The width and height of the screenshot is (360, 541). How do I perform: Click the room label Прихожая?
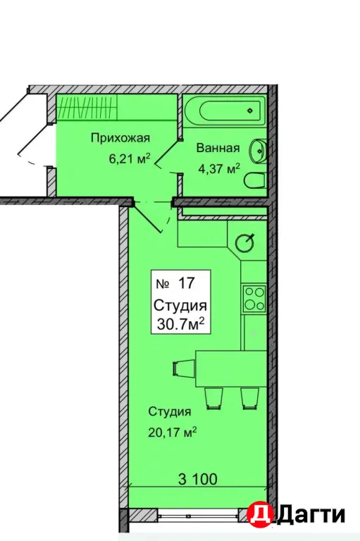(120, 138)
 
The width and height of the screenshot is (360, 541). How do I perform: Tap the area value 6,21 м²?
(130, 158)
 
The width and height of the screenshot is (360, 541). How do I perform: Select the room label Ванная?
(218, 149)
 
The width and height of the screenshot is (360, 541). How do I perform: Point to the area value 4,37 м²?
(219, 169)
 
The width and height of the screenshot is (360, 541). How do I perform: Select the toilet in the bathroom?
(255, 180)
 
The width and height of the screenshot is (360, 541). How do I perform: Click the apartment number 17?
(187, 284)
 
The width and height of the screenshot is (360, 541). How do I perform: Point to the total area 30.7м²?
(181, 323)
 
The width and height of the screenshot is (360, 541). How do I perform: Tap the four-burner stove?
(254, 299)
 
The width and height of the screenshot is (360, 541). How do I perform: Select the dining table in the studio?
(231, 368)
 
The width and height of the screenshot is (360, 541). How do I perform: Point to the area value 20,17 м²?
(173, 432)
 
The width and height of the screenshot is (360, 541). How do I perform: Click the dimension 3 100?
(198, 479)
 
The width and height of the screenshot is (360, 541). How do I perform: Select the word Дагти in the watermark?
(311, 515)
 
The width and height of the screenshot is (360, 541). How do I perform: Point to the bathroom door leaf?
(168, 154)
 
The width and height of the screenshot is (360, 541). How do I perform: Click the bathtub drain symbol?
(250, 111)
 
